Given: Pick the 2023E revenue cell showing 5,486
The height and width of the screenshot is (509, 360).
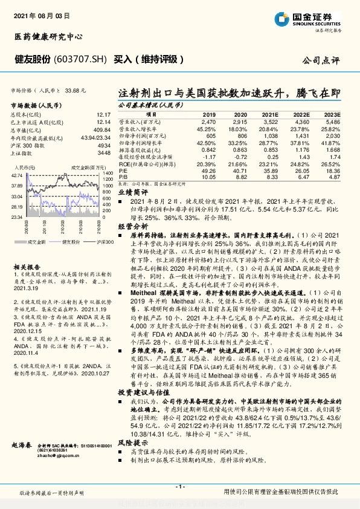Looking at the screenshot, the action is click(x=333, y=122).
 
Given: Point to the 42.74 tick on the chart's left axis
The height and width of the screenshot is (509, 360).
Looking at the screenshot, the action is click(x=17, y=175).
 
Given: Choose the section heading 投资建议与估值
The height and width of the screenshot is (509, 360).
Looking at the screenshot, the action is click(x=140, y=375).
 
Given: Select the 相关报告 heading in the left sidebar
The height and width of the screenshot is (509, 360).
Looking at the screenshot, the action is click(x=27, y=265).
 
